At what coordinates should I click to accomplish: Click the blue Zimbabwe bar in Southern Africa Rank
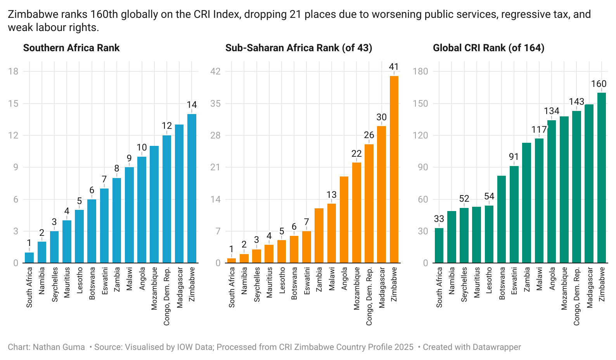pos(192,189)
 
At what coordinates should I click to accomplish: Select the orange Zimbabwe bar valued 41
pos(394,170)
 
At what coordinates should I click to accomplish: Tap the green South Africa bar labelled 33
pos(439,246)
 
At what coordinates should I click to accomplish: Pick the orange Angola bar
pos(344,220)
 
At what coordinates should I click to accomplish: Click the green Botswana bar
pos(502,219)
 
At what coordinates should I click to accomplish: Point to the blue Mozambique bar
pos(154,204)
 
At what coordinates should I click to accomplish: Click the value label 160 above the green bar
pos(599,84)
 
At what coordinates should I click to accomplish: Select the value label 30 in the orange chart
pos(381,117)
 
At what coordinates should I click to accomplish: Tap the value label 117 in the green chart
pos(539,130)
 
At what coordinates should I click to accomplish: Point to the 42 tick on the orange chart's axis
pos(215,71)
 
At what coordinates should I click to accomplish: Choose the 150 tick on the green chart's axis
pos(420,104)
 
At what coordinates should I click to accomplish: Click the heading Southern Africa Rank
pos(71,48)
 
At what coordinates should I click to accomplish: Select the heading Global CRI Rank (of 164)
pos(488,48)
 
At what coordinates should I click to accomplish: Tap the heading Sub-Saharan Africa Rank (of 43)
pos(298,48)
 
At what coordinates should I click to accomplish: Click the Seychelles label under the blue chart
pos(55,284)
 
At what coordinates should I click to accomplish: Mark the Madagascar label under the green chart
pos(590,287)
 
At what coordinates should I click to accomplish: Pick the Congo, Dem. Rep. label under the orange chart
pos(369,296)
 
